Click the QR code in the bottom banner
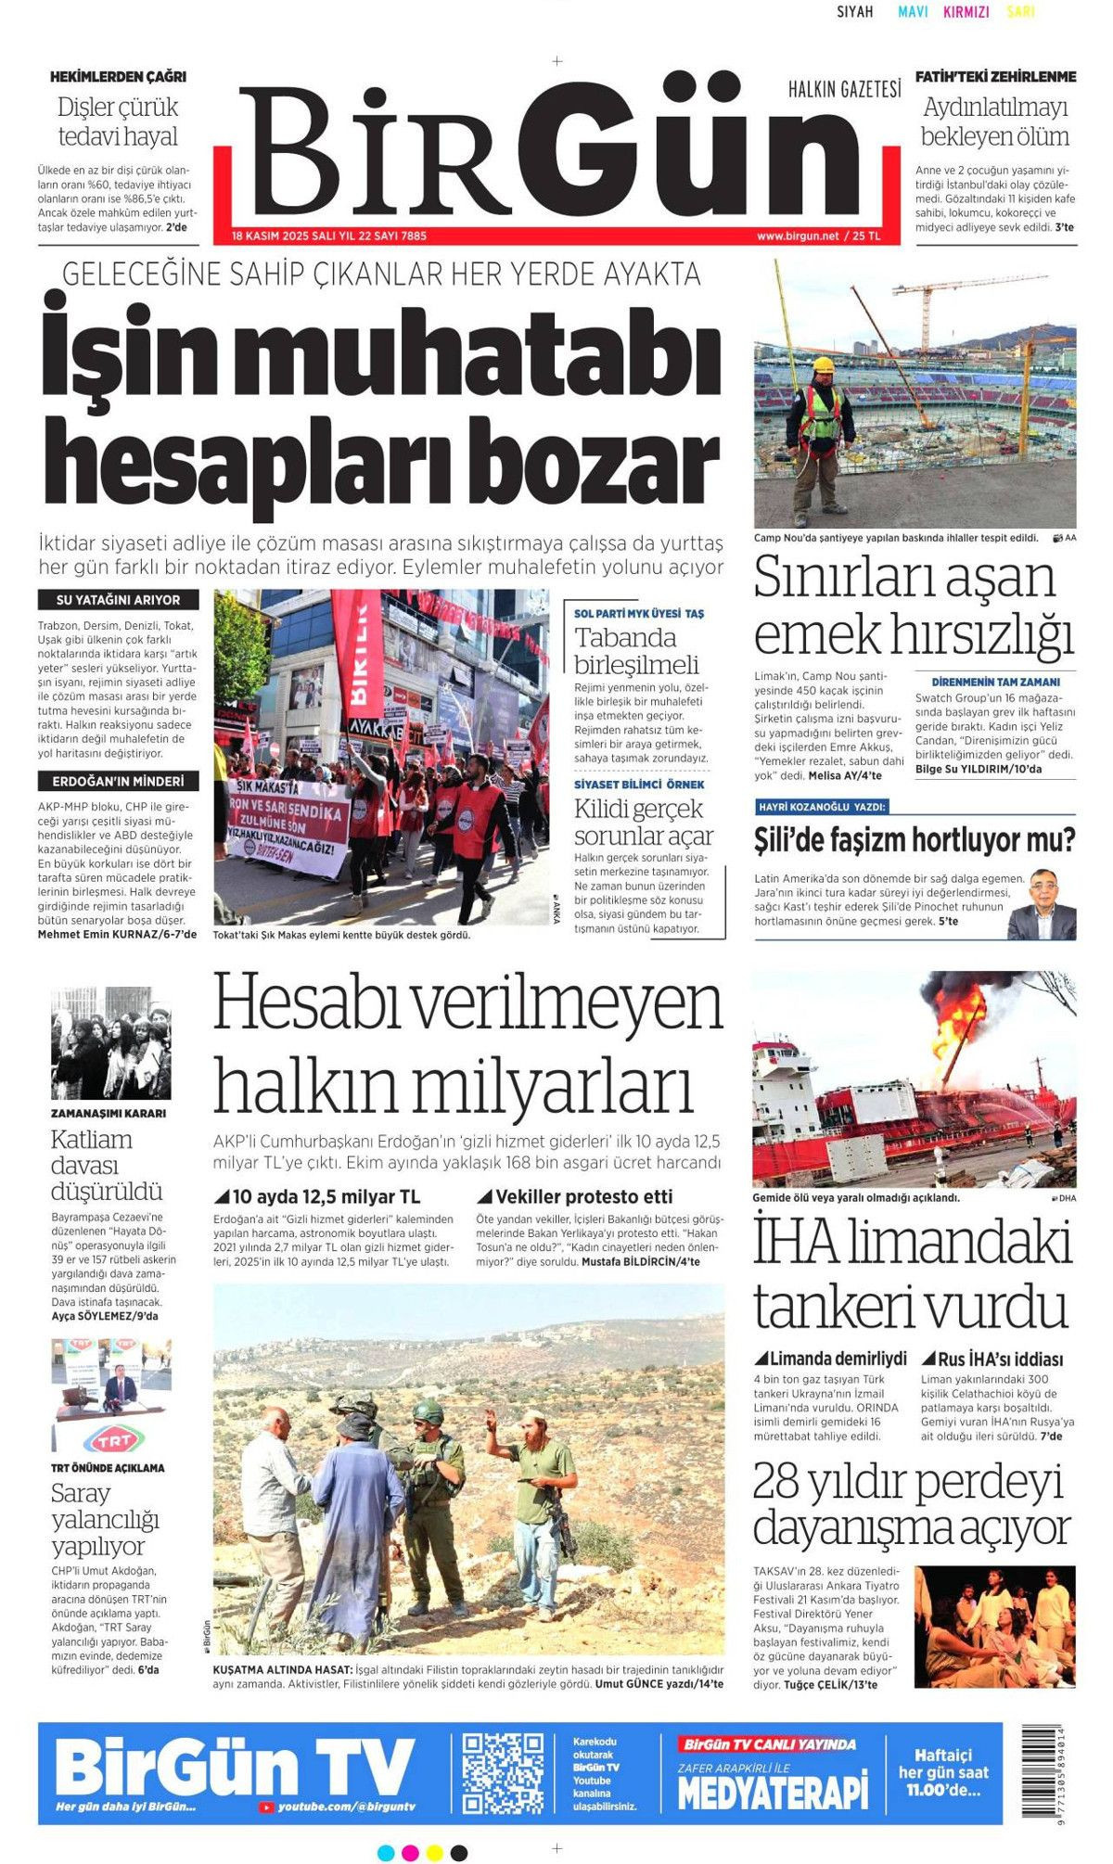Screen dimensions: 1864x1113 coord(504,1773)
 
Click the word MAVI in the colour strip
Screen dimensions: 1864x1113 coord(913,12)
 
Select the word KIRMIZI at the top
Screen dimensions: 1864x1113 coord(966,12)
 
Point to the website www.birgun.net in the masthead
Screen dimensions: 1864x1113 coord(797,236)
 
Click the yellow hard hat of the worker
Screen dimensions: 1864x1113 coord(824,365)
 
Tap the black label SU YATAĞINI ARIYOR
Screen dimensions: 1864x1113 coord(118,600)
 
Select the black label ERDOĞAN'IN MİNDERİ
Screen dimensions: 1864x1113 coord(118,781)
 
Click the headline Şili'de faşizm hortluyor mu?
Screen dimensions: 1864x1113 coord(914,840)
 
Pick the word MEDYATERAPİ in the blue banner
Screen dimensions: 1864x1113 coord(773,1790)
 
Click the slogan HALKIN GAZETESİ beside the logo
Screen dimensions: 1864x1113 coord(844,90)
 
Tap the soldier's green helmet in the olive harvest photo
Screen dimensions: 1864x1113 coord(428,1411)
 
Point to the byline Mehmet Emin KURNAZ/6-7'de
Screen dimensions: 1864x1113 coord(117,934)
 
